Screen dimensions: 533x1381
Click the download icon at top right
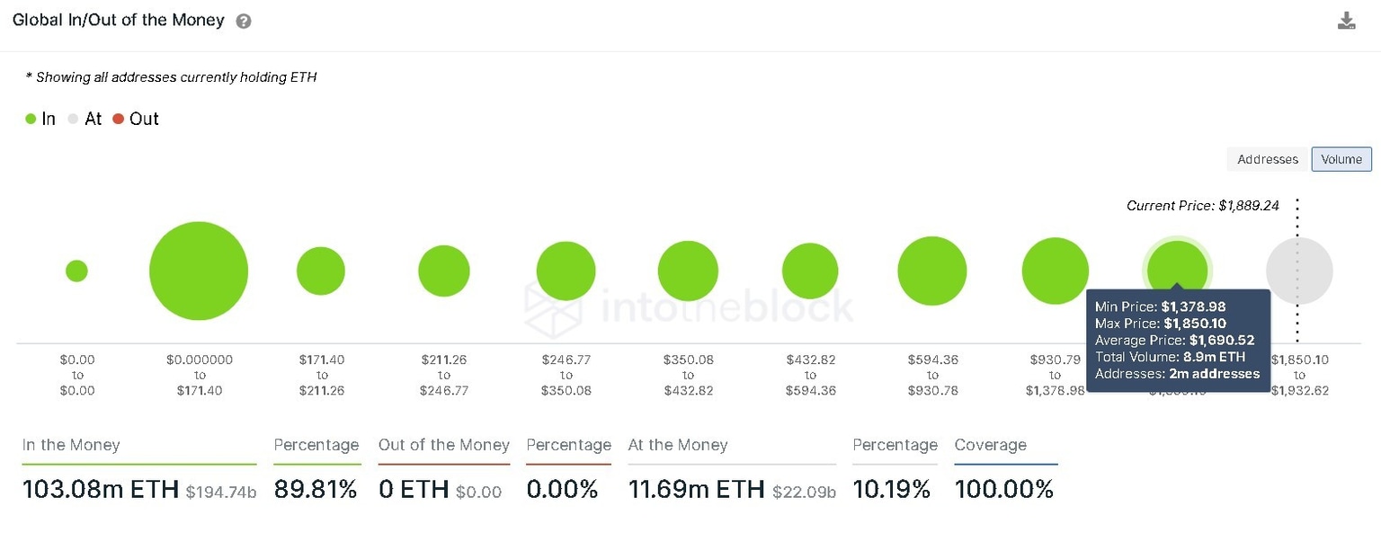tap(1346, 21)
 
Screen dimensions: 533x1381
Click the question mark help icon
tap(244, 21)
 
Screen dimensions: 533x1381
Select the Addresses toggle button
tap(1267, 159)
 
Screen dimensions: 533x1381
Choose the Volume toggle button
tap(1341, 159)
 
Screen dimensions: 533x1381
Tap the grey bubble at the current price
tap(1298, 271)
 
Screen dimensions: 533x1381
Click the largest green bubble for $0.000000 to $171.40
tap(199, 271)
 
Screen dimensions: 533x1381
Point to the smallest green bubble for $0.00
tap(76, 271)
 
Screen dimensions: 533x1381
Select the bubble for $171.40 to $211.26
tap(321, 271)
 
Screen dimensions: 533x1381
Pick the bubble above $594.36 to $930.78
tap(931, 271)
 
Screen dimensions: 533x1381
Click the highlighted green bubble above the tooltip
tap(1177, 266)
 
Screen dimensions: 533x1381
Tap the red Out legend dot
tap(119, 119)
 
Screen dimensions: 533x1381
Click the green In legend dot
tap(31, 119)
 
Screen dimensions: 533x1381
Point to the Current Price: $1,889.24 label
tap(1204, 206)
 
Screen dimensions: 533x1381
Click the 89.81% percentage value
tap(316, 490)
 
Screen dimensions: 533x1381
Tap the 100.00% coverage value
tap(1003, 490)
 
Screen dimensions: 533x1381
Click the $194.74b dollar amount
tap(220, 492)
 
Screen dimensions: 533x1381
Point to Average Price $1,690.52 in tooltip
tap(1174, 340)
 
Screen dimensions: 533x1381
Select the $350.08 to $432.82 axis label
tap(688, 375)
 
